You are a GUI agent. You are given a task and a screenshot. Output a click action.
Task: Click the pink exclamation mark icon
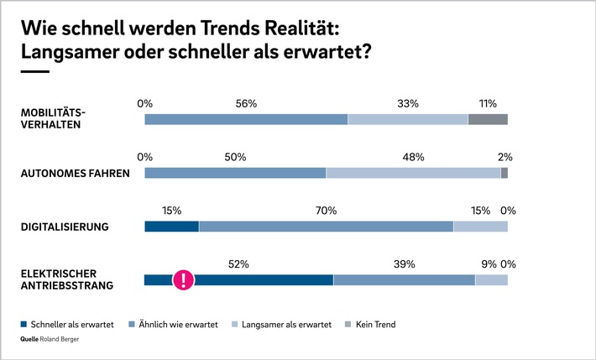tap(183, 279)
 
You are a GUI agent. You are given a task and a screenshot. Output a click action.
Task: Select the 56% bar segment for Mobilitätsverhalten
tap(246, 119)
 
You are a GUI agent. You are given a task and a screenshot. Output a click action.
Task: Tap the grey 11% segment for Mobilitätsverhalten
tap(488, 119)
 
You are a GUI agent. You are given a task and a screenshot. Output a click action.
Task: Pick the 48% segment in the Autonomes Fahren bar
tap(413, 173)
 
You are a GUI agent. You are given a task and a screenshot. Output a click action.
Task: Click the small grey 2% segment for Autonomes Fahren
tap(505, 173)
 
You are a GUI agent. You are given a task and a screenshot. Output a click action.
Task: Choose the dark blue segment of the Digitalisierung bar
tap(171, 227)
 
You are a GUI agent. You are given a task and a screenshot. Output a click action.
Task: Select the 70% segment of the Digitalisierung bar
tap(326, 227)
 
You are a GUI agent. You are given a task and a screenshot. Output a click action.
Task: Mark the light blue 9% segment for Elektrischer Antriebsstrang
tap(491, 279)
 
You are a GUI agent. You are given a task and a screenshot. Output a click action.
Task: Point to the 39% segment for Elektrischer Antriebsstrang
tap(404, 279)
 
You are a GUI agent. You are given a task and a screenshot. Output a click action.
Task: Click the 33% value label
tap(408, 103)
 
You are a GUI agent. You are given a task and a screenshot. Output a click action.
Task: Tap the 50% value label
tap(235, 157)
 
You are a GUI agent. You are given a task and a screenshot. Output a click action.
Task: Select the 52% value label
tap(239, 263)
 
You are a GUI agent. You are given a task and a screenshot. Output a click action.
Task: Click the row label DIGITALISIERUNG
tap(65, 227)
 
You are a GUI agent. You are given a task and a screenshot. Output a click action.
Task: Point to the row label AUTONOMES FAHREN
tap(74, 174)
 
